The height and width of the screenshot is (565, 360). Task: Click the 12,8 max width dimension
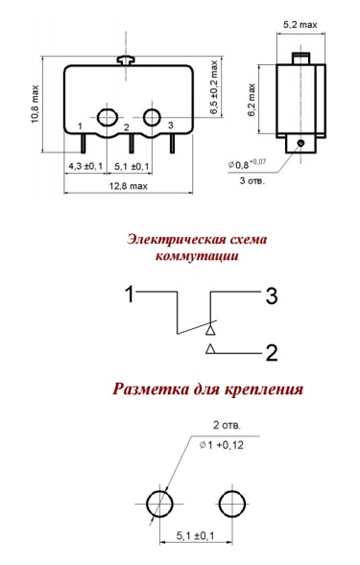(129, 186)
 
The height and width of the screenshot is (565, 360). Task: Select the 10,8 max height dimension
(35, 105)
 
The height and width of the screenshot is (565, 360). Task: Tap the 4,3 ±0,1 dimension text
(85, 167)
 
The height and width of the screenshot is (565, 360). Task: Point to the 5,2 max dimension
(300, 25)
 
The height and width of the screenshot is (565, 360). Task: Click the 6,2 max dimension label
(252, 100)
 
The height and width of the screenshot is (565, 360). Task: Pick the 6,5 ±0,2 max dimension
(214, 88)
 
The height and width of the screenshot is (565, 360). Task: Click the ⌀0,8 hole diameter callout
(247, 164)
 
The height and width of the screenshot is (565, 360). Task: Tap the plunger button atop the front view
(126, 60)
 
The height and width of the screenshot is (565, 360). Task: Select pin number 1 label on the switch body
(80, 126)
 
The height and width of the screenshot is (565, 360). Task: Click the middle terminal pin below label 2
(132, 144)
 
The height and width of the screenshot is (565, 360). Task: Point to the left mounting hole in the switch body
(108, 117)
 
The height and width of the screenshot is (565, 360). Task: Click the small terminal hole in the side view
(300, 144)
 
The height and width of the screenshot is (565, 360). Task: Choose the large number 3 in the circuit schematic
(272, 296)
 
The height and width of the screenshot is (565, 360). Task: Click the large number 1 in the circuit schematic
(130, 294)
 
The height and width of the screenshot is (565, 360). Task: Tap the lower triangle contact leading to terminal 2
(210, 349)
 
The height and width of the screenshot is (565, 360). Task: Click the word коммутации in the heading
(197, 256)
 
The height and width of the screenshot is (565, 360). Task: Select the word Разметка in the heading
(151, 389)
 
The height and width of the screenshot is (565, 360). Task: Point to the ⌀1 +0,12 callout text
(221, 445)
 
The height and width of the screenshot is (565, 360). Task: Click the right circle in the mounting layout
(232, 504)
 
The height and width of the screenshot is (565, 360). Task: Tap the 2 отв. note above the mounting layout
(227, 425)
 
